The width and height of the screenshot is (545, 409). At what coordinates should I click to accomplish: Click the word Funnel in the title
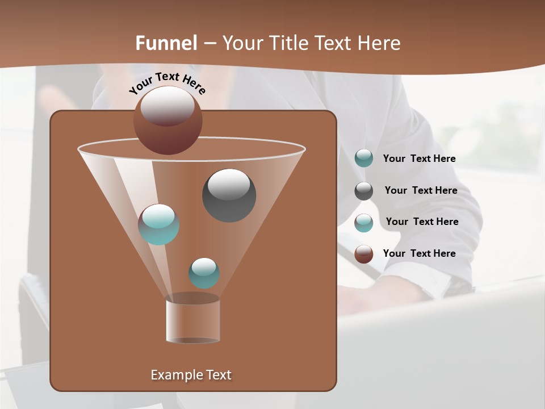166,43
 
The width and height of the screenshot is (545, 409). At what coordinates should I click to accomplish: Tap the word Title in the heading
287,43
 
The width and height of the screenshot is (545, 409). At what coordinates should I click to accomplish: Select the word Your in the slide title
241,43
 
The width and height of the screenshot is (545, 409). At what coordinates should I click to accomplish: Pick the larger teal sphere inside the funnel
158,225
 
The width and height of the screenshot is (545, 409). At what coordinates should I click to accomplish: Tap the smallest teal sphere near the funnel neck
204,273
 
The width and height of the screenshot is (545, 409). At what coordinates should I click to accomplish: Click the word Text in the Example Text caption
218,375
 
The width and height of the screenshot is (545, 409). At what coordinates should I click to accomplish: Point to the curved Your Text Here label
167,83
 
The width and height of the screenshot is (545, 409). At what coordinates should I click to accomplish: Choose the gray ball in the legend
364,191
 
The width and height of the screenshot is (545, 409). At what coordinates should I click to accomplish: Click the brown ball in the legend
364,254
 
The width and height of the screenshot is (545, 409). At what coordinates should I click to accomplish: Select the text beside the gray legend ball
421,190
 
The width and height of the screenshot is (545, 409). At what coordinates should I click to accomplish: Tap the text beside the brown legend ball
419,253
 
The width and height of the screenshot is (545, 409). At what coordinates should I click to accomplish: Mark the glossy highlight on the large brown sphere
167,106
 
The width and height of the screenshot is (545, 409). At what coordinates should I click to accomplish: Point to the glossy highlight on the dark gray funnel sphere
229,183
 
